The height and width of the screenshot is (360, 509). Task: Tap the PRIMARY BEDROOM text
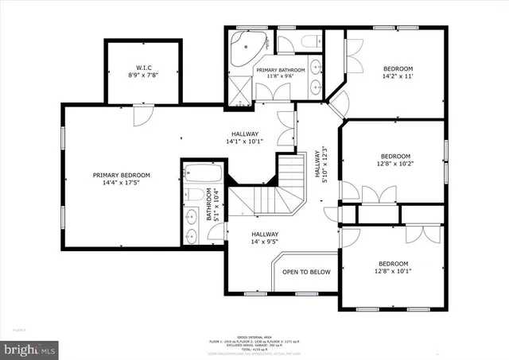point(121,175)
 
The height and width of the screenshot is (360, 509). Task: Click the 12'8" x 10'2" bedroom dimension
point(395,165)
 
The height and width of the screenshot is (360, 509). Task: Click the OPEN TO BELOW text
point(306,272)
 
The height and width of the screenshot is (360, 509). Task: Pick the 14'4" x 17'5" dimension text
point(121,184)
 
